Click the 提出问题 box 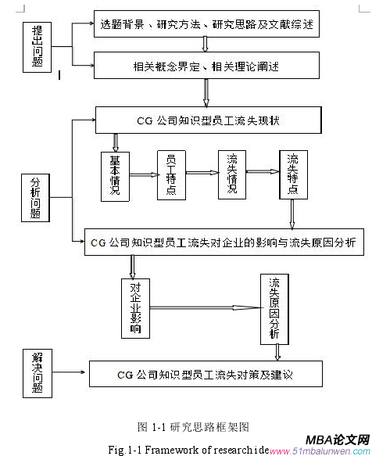38,45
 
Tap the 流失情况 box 231,173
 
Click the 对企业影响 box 137,308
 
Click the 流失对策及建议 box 205,375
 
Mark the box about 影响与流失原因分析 213,242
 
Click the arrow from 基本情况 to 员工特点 143,175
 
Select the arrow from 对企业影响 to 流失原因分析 206,308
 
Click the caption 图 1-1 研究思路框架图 193,426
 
